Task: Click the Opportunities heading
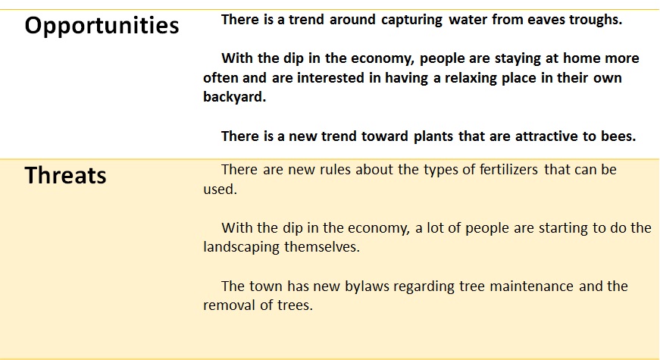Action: click(x=102, y=26)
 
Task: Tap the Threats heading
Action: click(x=66, y=175)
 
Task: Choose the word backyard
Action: click(x=234, y=97)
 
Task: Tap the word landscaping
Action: click(x=242, y=247)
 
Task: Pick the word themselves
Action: click(x=322, y=247)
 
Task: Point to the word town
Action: click(x=266, y=286)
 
